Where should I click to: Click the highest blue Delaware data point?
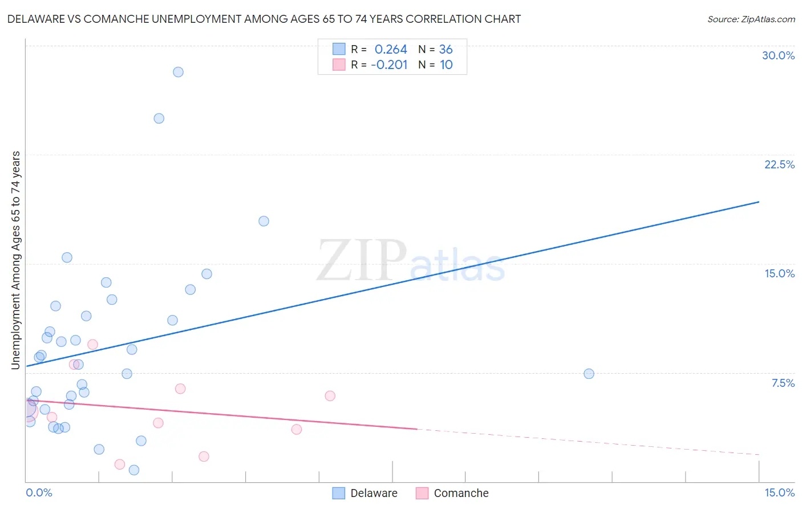pos(178,72)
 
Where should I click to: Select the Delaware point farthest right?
pos(589,374)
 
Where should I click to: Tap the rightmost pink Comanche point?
pos(330,396)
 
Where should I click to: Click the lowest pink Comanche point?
pos(120,464)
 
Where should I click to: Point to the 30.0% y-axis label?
pos(778,55)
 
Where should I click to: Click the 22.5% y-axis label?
pos(779,164)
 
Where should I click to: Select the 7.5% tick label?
pos(783,383)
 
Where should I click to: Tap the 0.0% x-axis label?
pos(39,492)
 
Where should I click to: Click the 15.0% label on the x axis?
pos(779,492)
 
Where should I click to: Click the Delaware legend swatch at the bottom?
pos(339,493)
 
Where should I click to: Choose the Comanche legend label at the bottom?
pos(461,493)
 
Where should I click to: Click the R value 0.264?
pos(391,50)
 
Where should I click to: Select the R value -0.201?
pos(389,65)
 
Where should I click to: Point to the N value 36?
pos(445,50)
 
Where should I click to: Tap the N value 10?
pos(445,65)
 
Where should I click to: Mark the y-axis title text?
pos(16,260)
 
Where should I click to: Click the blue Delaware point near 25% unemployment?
pos(159,119)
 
